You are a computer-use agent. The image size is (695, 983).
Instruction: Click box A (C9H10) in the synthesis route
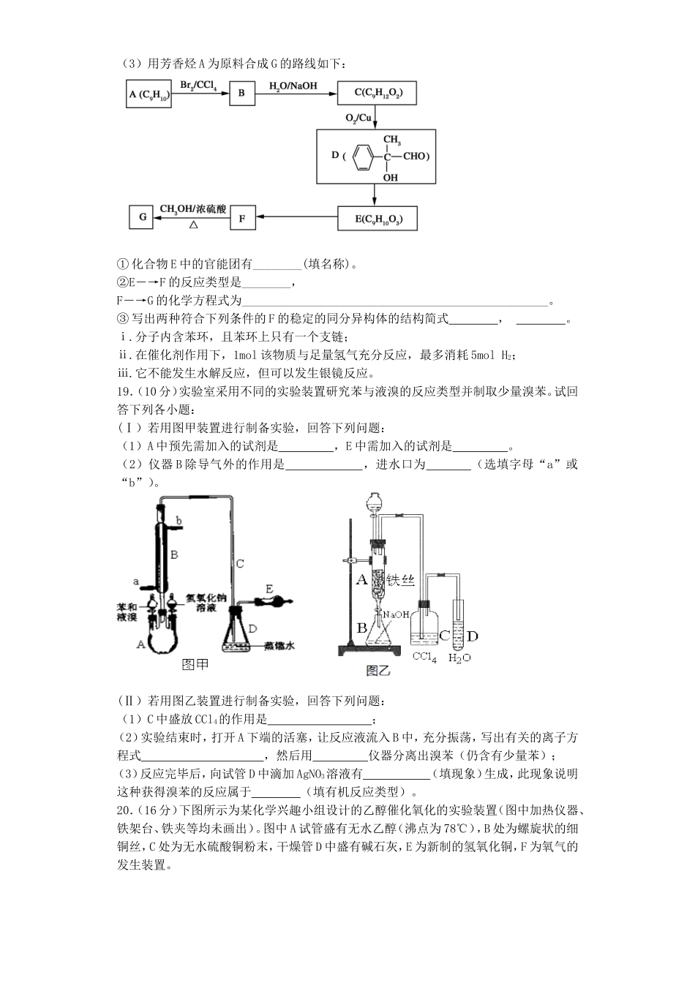pyautogui.click(x=149, y=94)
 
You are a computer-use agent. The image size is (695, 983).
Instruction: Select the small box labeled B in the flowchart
pyautogui.click(x=241, y=94)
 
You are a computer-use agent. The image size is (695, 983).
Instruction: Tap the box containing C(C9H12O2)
pyautogui.click(x=377, y=94)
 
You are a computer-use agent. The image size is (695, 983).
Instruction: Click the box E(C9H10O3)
pyautogui.click(x=377, y=218)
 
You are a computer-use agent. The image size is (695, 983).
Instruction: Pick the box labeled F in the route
pyautogui.click(x=242, y=217)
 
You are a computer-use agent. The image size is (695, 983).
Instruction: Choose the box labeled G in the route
pyautogui.click(x=142, y=217)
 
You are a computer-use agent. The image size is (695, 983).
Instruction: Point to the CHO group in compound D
pyautogui.click(x=413, y=157)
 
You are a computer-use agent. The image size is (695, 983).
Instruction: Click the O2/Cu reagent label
pyautogui.click(x=358, y=118)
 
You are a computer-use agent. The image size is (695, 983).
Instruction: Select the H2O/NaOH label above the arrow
pyautogui.click(x=293, y=86)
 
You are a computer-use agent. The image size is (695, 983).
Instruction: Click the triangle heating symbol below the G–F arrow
pyautogui.click(x=194, y=226)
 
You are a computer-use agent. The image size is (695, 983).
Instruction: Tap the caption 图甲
pyautogui.click(x=195, y=664)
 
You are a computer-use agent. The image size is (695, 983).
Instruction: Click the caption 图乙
pyautogui.click(x=377, y=670)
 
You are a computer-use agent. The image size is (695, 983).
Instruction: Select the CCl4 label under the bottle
pyautogui.click(x=424, y=657)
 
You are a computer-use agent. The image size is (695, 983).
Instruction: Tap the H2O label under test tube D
pyautogui.click(x=459, y=658)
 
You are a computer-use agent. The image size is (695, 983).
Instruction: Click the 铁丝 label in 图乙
pyautogui.click(x=401, y=580)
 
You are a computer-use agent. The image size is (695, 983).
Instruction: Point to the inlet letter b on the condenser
pyautogui.click(x=179, y=520)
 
